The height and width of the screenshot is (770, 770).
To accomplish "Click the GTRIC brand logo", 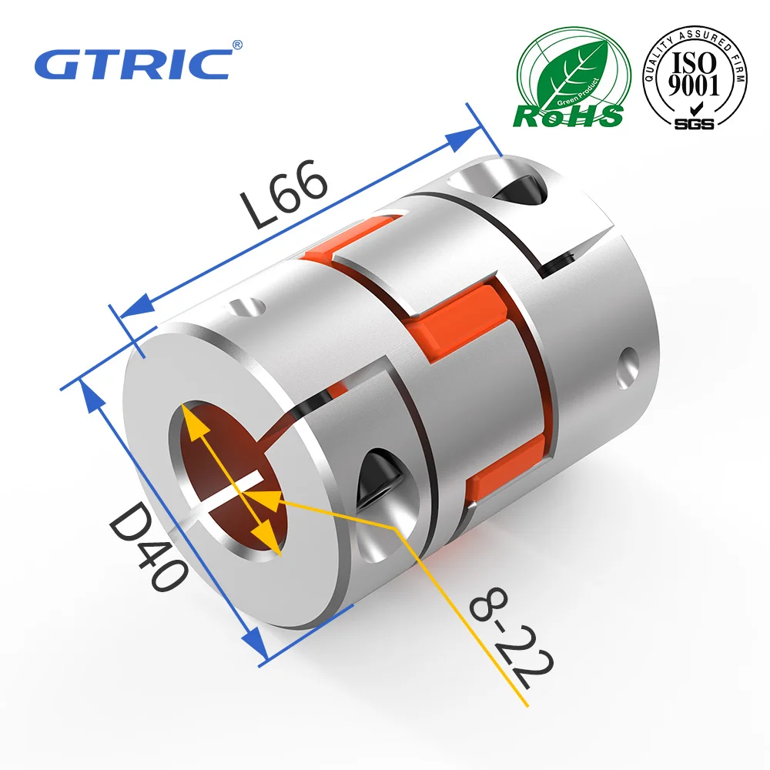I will coord(132,63).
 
